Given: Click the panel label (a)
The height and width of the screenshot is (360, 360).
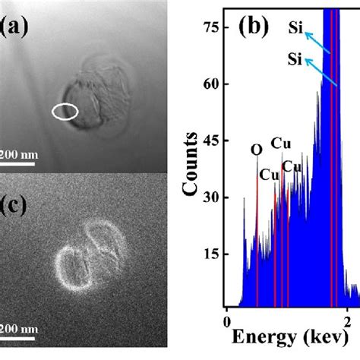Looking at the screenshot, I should (x=16, y=29).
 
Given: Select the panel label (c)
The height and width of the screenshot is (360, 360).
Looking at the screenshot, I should (x=15, y=205).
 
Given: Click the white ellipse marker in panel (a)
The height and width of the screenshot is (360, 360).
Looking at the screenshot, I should (x=65, y=112).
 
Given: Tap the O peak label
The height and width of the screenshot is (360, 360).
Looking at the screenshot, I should (x=257, y=150).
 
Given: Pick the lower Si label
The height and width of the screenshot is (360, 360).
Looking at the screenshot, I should (x=297, y=58).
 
